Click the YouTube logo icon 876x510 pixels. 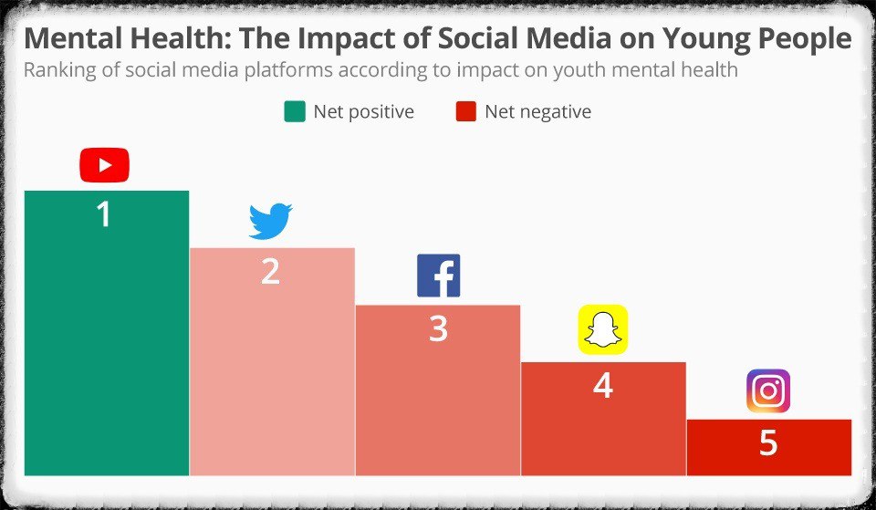click(104, 165)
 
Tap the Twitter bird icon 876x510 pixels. click(270, 222)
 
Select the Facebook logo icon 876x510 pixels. click(438, 276)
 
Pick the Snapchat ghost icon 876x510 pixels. click(603, 328)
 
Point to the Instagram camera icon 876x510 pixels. click(768, 390)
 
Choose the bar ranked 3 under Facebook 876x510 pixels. click(438, 401)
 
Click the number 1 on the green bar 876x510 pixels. click(104, 214)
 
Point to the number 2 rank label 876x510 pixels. click(270, 272)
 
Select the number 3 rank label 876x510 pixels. click(438, 328)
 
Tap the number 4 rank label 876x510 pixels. click(603, 386)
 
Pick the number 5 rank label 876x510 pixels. click(768, 442)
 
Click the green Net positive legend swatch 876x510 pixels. click(294, 112)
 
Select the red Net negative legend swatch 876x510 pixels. click(464, 112)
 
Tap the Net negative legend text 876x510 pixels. click(537, 112)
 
